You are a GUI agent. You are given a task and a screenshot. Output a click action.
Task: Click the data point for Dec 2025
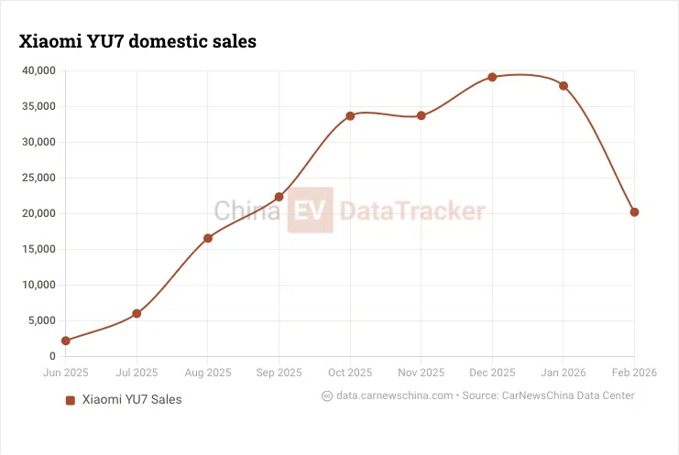(x=492, y=77)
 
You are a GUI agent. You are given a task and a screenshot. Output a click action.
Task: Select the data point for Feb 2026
(x=634, y=212)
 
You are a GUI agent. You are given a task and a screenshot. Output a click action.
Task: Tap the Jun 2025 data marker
(x=66, y=341)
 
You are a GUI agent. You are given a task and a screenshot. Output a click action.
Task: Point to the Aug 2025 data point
(x=208, y=238)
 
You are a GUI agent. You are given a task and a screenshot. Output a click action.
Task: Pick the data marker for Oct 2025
(x=350, y=116)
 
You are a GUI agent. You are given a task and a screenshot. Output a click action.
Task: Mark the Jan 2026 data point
(x=564, y=86)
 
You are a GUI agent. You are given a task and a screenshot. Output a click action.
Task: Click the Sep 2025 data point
(x=279, y=197)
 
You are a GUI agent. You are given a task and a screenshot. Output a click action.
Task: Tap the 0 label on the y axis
(x=52, y=356)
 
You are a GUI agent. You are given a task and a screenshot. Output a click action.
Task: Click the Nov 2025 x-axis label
(x=421, y=373)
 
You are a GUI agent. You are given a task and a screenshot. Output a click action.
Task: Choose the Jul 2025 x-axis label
(x=137, y=373)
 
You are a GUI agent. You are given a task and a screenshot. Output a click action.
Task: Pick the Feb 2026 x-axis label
(x=633, y=373)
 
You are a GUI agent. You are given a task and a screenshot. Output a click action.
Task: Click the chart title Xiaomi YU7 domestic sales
(x=137, y=41)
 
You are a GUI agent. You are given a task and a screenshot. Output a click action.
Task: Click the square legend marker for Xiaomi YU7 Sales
(x=70, y=400)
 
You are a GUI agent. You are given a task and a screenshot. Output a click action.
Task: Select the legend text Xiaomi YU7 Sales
(x=132, y=400)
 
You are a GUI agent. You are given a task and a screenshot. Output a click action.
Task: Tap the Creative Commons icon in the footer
(x=327, y=396)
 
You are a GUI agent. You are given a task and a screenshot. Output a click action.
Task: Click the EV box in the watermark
(x=310, y=211)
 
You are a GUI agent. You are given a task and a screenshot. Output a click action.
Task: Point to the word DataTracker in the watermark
(x=411, y=211)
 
